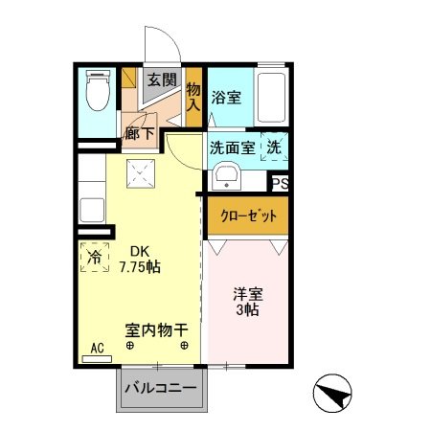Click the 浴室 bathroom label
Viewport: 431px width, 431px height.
click(226, 97)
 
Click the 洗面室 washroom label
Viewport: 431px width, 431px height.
click(232, 148)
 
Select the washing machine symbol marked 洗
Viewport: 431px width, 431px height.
click(273, 147)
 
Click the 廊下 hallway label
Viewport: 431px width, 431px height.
click(139, 134)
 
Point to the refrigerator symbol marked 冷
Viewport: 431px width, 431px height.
click(94, 257)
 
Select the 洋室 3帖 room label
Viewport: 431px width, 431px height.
click(248, 301)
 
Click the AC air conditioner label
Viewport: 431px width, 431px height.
click(96, 349)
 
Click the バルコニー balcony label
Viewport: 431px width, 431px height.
click(162, 390)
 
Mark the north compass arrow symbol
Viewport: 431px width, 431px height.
click(331, 392)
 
